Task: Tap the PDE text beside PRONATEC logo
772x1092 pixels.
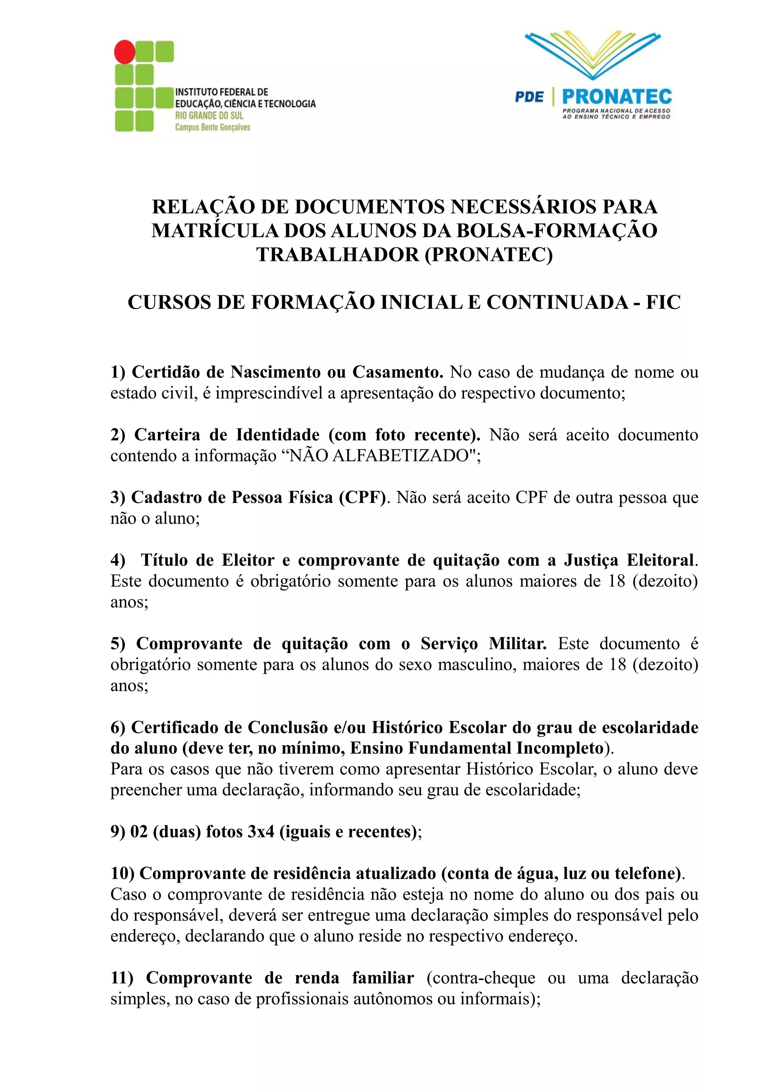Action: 529,97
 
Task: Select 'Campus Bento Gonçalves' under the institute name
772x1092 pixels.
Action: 213,127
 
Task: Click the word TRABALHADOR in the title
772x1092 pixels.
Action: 337,255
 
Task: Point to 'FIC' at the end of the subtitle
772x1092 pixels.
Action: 663,302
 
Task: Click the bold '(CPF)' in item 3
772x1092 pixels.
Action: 362,497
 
